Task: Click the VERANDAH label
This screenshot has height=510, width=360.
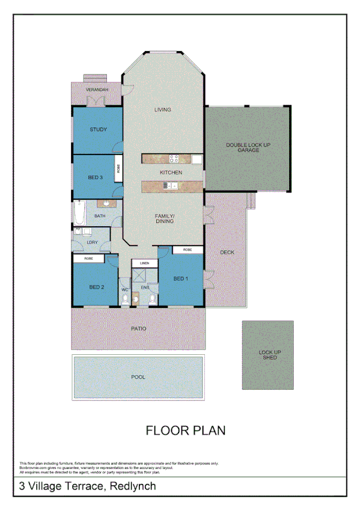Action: pyautogui.click(x=97, y=89)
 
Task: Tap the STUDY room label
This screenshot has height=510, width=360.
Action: pyautogui.click(x=98, y=129)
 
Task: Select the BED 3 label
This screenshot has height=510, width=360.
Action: pyautogui.click(x=96, y=177)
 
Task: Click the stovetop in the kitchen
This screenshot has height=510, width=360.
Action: pyautogui.click(x=174, y=159)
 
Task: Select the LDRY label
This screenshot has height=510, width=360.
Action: pyautogui.click(x=92, y=242)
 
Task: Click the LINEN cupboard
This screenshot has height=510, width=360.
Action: pyautogui.click(x=144, y=263)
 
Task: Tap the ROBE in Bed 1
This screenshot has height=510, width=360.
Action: pyautogui.click(x=188, y=249)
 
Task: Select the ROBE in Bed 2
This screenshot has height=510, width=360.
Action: pyautogui.click(x=88, y=258)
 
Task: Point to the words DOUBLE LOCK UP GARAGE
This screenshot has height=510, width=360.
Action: pyautogui.click(x=243, y=147)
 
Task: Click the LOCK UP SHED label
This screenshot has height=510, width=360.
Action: pyautogui.click(x=268, y=354)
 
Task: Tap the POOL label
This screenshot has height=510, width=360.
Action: pyautogui.click(x=138, y=377)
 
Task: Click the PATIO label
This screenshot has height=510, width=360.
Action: pyautogui.click(x=139, y=328)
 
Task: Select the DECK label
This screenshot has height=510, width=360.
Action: pyautogui.click(x=227, y=252)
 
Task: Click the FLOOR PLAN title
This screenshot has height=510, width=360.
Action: pyautogui.click(x=186, y=430)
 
